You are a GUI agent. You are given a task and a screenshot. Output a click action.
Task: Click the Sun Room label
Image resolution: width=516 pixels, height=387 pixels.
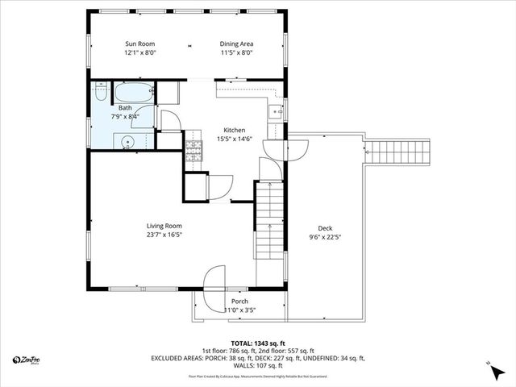point(139,44)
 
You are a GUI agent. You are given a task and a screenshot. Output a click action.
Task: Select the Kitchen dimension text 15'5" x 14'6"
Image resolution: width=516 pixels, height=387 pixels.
point(235,139)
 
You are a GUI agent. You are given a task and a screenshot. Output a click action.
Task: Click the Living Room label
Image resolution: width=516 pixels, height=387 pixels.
point(164,226)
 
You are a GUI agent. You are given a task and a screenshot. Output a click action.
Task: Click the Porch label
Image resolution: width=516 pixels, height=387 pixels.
point(239,301)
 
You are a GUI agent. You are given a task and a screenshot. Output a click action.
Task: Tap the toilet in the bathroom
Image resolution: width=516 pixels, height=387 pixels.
point(100,92)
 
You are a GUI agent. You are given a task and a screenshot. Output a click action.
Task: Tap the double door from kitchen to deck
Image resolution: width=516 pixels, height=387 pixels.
point(294,149)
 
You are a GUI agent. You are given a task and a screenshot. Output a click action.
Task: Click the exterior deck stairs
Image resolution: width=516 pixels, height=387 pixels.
point(397,152)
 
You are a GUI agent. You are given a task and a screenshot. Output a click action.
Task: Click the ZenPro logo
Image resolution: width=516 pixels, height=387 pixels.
point(28,359)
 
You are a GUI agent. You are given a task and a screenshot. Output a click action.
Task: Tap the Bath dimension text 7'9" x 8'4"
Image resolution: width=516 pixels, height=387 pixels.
point(125,116)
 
